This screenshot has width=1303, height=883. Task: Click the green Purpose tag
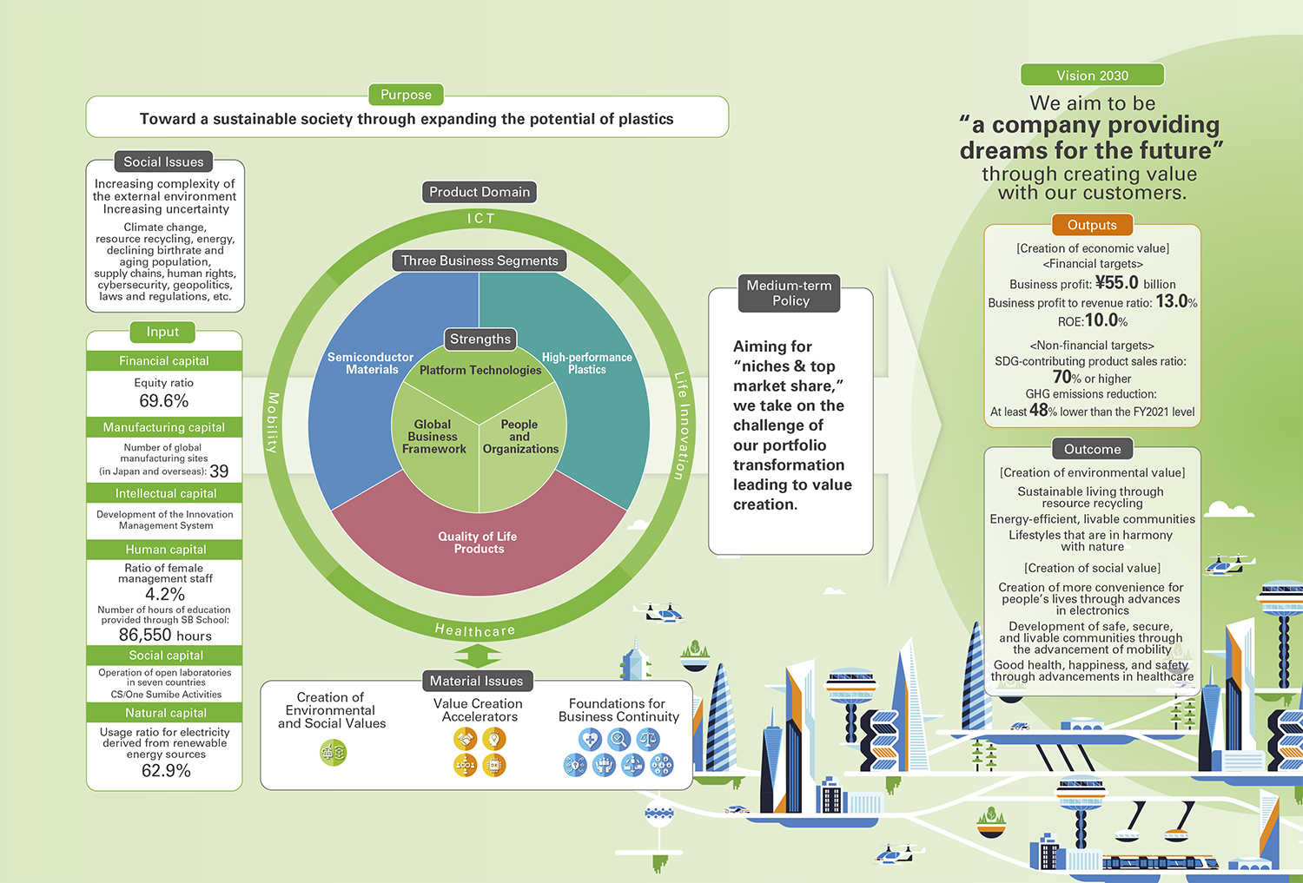pos(406,95)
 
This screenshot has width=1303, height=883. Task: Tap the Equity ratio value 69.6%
pos(163,401)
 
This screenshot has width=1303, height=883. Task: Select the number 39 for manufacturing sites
pos(219,471)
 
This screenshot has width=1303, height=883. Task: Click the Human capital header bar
pos(164,550)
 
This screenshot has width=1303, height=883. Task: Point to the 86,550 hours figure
pos(164,636)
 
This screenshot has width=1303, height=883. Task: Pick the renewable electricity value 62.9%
pos(165,771)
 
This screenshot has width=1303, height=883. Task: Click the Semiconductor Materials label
pos(371,363)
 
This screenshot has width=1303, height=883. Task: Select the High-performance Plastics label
pos(587,363)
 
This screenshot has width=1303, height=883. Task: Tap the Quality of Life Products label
pos(478,543)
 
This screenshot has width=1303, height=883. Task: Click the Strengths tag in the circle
pos(480,339)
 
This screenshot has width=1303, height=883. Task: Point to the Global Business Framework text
pos(433,437)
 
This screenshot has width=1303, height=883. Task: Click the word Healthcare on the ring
pos(475,630)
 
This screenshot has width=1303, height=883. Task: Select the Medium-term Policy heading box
pos(790,293)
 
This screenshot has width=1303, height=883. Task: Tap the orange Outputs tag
pos(1092,225)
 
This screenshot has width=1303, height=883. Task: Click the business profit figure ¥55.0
pos(1117,283)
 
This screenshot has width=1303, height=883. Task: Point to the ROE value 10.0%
pos(1106,320)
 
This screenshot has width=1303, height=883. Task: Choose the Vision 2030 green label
pos(1092,76)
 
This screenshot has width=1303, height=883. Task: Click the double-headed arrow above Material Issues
pos(477,656)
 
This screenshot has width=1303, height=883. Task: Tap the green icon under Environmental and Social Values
pos(334,752)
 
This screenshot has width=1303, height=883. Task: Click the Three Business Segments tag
pos(480,260)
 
